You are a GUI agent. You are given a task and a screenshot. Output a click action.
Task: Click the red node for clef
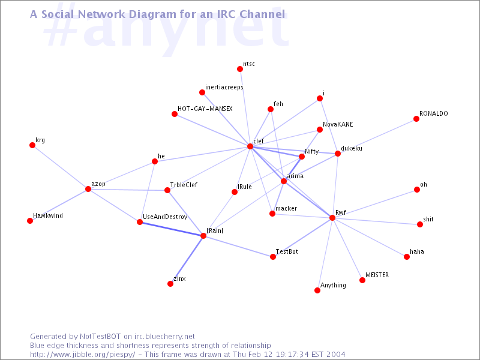pos(250,146)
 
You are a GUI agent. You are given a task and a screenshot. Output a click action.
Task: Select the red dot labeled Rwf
pos(332,218)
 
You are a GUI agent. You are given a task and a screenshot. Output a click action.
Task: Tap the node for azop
pos(88,189)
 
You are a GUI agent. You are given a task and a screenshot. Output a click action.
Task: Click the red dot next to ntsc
pos(240,69)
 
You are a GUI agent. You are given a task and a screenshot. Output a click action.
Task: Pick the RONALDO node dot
pos(416,118)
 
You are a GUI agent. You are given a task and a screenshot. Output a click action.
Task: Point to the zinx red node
pos(170,284)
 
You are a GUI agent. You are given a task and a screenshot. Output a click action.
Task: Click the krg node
pos(32,145)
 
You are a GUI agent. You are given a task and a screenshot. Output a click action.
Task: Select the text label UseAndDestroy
pos(165,217)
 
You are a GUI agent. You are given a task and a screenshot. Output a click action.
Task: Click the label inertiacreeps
pos(224,87)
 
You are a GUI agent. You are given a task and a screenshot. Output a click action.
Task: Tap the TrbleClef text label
pos(184,185)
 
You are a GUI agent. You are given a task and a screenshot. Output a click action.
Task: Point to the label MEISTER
pos(377,275)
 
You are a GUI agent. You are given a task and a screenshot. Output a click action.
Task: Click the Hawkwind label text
pos(48,215)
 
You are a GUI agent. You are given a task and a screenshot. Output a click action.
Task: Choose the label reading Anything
pos(333,286)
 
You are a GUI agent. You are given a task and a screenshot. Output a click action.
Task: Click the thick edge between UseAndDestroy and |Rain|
pos(172,229)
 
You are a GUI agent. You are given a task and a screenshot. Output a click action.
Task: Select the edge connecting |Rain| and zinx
pos(187,260)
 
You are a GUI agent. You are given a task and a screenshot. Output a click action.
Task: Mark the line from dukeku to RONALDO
pos(377,136)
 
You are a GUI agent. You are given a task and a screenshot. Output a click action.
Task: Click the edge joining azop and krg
pos(61,167)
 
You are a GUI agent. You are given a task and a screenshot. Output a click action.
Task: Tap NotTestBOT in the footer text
pos(100,337)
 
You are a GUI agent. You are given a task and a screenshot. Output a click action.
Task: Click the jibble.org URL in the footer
pos(82,355)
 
